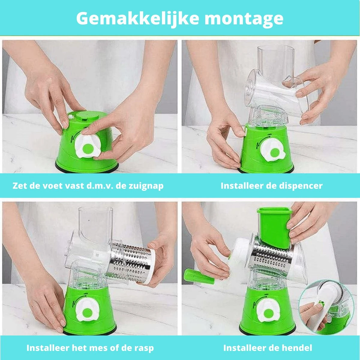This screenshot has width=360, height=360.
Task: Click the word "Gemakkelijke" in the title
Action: [x=137, y=19]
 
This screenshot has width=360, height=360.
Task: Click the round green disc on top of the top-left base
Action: [x=87, y=116]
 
